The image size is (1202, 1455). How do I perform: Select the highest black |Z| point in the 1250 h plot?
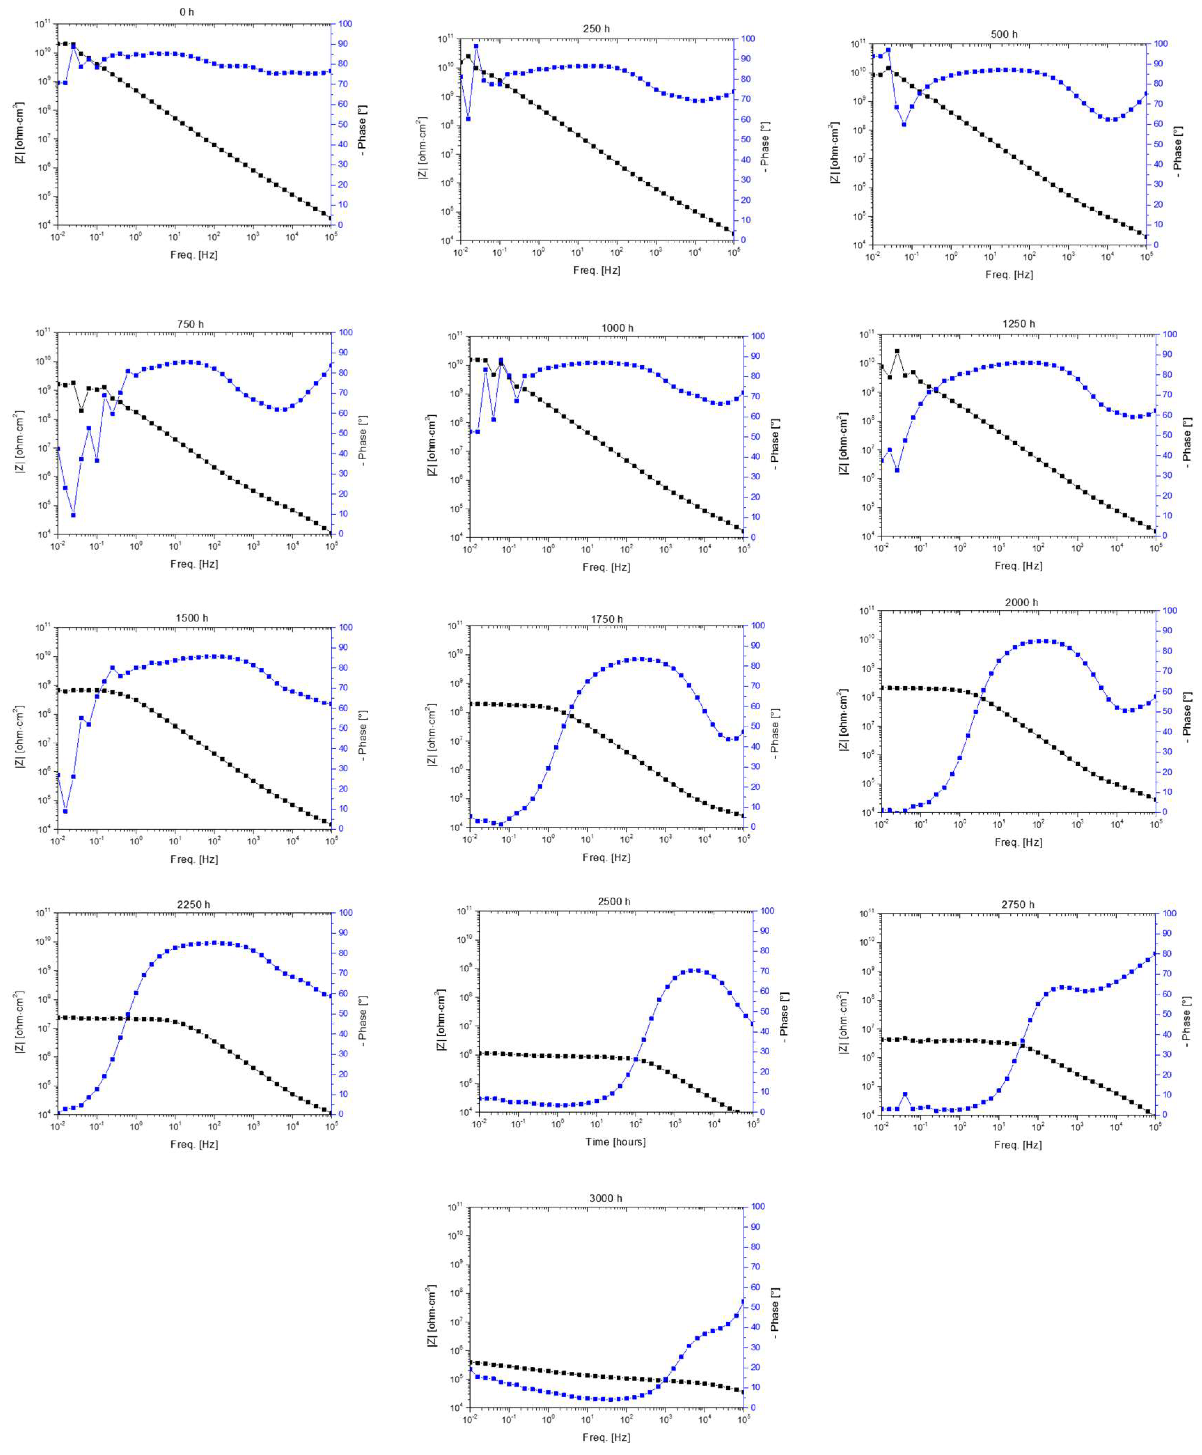pyautogui.click(x=897, y=351)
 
